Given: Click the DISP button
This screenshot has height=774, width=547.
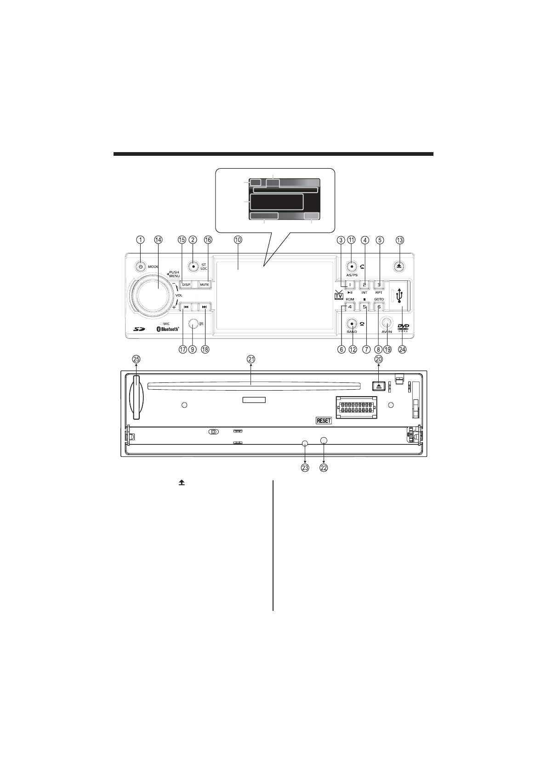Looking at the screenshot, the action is [186, 285].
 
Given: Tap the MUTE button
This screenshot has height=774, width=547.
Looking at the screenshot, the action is [204, 285].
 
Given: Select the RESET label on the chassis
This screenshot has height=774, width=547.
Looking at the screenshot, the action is [324, 420].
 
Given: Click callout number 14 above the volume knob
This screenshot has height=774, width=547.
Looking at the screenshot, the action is [158, 239].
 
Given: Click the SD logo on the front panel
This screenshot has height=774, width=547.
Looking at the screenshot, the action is [139, 329].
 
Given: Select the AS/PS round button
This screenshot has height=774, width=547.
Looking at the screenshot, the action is [352, 266].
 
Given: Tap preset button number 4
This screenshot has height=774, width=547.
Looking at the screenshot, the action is [350, 307].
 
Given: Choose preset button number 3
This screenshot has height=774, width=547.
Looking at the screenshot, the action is [379, 285].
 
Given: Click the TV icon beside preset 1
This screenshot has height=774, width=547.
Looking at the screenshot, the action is [339, 295].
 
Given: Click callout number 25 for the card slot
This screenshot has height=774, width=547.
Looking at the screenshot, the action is [137, 359].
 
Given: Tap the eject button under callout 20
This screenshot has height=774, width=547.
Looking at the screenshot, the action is [379, 386].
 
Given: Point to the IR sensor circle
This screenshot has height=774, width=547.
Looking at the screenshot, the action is [193, 324].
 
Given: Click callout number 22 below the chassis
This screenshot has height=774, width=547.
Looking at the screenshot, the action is [324, 468].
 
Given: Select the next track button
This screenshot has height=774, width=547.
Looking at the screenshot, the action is [204, 307].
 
